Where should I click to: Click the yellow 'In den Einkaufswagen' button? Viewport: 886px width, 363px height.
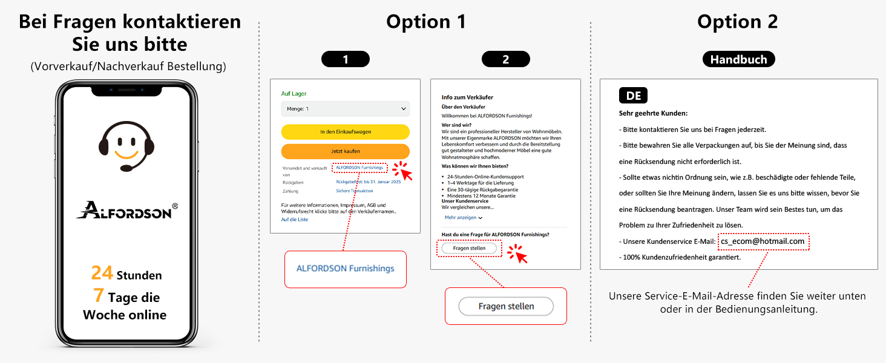coord(345,132)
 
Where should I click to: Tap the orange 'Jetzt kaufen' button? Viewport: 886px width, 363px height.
coord(345,151)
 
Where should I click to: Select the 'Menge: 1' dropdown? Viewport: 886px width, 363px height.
coord(345,109)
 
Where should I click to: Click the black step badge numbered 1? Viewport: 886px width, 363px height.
coord(346,59)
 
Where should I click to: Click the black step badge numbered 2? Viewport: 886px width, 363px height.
coord(506,59)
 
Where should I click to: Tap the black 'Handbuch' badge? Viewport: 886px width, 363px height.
coord(738,59)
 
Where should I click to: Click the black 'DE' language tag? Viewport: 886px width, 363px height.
coord(633,96)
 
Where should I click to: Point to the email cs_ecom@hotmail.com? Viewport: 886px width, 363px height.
coord(763,241)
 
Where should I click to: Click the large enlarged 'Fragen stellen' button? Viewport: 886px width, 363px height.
coord(506,306)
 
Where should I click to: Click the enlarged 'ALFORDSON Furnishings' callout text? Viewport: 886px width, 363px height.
coord(345,269)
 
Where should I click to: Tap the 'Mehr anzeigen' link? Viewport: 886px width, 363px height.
coord(463,217)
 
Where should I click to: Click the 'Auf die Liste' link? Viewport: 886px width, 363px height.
coord(295,220)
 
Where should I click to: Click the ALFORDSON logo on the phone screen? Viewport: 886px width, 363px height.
coord(126,210)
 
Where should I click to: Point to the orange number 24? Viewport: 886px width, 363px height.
coord(102,273)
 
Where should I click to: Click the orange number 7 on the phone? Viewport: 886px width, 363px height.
coord(98,296)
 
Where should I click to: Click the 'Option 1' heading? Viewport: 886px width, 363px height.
coord(426,22)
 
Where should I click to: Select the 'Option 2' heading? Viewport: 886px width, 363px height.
coord(737,22)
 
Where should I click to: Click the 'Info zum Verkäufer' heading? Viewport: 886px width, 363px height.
coord(467,97)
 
